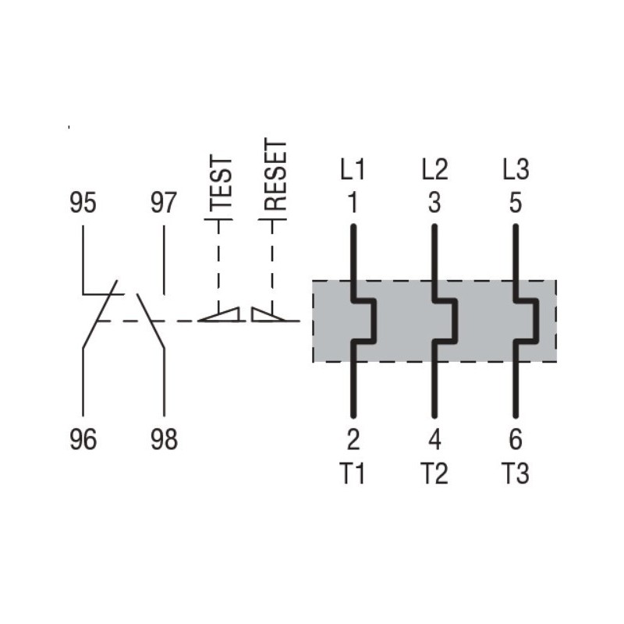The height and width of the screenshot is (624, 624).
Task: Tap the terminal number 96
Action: click(x=83, y=440)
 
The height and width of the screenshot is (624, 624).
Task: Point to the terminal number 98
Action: click(x=163, y=440)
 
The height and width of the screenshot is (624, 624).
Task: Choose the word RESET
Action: click(x=275, y=176)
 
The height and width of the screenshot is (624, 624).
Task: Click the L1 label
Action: click(x=352, y=169)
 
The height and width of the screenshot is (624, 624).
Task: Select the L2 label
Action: click(x=434, y=169)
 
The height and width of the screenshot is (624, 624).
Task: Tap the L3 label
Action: click(x=515, y=169)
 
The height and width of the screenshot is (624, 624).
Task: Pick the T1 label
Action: click(x=353, y=473)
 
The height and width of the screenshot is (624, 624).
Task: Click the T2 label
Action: click(x=434, y=473)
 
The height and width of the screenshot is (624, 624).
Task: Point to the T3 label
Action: click(x=515, y=473)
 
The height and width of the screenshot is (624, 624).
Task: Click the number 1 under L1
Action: click(x=353, y=204)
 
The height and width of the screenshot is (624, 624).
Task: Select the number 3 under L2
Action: click(x=434, y=204)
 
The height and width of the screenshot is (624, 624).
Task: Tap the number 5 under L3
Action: click(x=515, y=204)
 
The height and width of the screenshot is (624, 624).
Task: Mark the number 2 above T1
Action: click(x=353, y=440)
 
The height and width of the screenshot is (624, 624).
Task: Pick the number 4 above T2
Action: click(x=434, y=440)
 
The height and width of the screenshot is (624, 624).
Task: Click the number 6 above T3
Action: click(x=515, y=440)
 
